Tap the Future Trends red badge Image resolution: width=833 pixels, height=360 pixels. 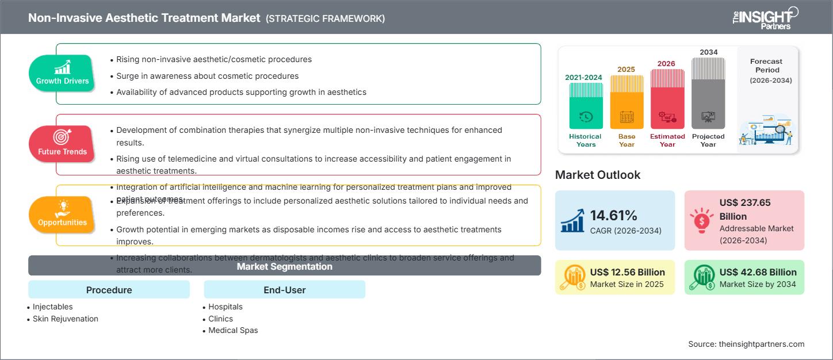(62, 144)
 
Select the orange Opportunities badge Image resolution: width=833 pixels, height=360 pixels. (62, 215)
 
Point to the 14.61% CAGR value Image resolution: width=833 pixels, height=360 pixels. (613, 216)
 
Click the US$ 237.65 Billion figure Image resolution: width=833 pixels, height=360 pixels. (744, 209)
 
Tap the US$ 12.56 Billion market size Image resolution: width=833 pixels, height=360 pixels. (627, 272)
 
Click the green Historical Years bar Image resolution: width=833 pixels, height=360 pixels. (586, 106)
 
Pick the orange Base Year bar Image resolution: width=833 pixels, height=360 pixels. (626, 102)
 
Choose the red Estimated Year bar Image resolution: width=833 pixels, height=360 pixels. (667, 99)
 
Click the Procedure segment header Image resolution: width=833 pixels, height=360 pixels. (109, 290)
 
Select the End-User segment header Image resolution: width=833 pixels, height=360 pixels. (284, 290)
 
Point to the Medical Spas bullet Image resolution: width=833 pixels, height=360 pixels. (233, 330)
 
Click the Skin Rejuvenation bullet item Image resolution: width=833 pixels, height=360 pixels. (66, 319)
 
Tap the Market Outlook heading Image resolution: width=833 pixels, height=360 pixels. (597, 175)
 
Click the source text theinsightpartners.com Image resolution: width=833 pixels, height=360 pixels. (746, 344)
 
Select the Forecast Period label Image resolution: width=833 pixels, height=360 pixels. (767, 66)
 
